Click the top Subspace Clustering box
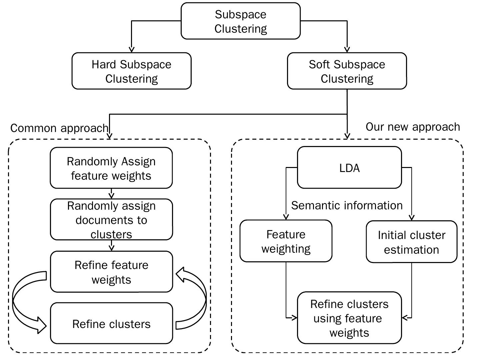pyautogui.click(x=240, y=21)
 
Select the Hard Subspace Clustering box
pyautogui.click(x=131, y=71)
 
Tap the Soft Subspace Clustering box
pyautogui.click(x=347, y=71)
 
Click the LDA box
pyautogui.click(x=349, y=168)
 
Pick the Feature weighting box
pyautogui.click(x=286, y=241)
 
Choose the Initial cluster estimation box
pyautogui.click(x=411, y=242)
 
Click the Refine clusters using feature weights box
pyautogui.click(x=349, y=318)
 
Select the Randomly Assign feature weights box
pyautogui.click(x=111, y=168)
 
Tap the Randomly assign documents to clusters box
pyautogui.click(x=111, y=220)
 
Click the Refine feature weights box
pyautogui.click(x=111, y=272)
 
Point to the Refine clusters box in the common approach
pyautogui.click(x=111, y=324)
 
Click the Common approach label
pyautogui.click(x=59, y=128)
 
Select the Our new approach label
pyautogui.click(x=413, y=127)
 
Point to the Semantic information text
pyautogui.click(x=347, y=205)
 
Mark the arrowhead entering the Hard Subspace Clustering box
pyautogui.click(x=131, y=50)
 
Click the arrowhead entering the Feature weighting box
pyautogui.click(x=286, y=217)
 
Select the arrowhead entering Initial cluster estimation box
pyautogui.click(x=411, y=218)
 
